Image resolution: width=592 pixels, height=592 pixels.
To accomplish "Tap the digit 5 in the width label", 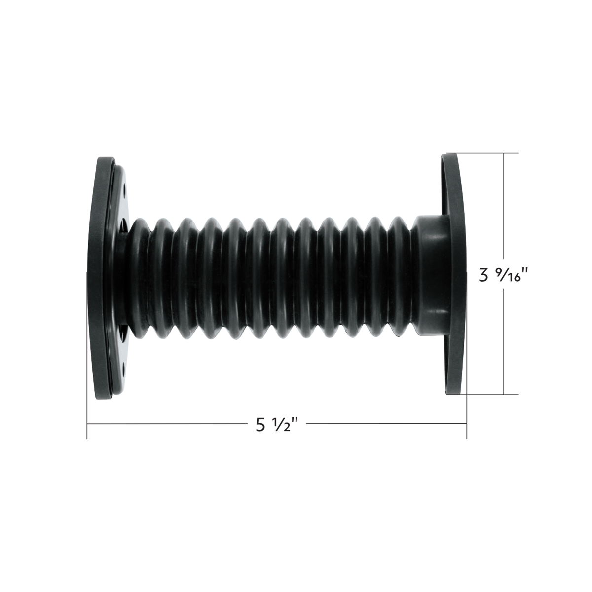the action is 260,425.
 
